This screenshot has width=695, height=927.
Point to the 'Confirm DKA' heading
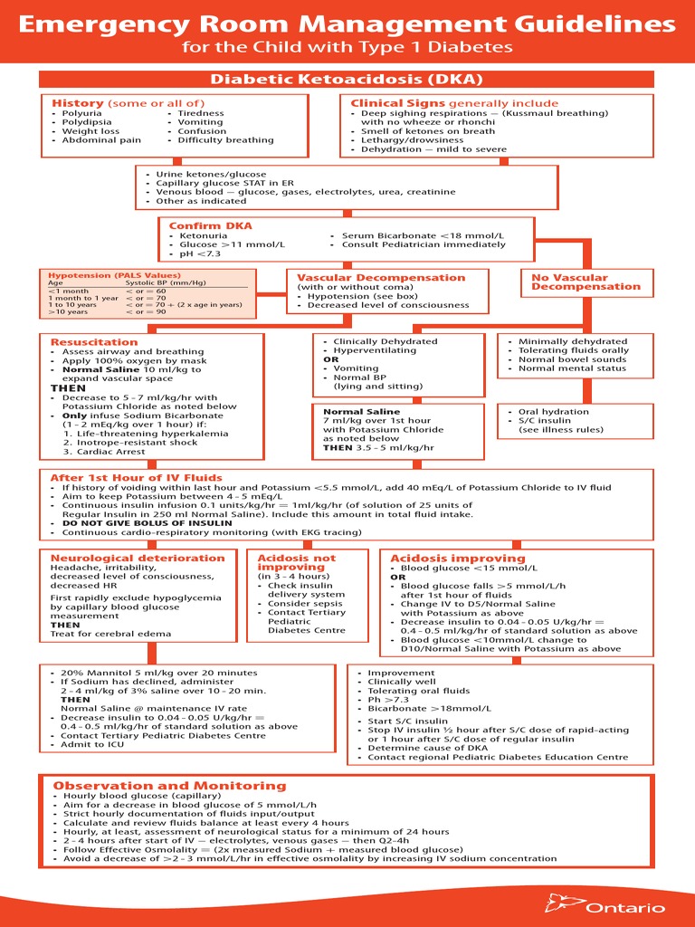coord(210,225)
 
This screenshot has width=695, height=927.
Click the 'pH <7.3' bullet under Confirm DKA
coord(200,253)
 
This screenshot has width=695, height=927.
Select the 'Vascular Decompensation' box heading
coord(381,278)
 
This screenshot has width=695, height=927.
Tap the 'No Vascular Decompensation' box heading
coord(586,282)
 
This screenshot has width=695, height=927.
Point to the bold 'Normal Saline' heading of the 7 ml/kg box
coord(361,412)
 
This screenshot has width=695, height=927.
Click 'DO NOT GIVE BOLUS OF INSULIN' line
coord(147,523)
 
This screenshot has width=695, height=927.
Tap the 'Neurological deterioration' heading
coord(138,558)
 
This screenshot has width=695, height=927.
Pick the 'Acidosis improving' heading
coord(444,559)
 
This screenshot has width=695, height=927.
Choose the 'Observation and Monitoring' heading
coord(169,786)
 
